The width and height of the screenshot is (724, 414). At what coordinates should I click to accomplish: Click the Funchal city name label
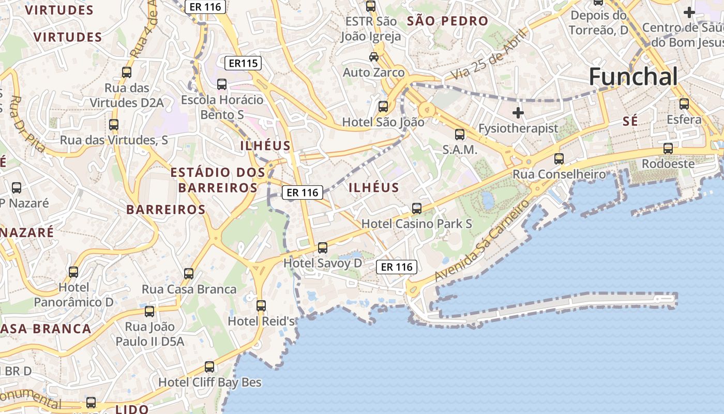(633, 77)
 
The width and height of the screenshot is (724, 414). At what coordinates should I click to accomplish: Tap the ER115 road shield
(243, 64)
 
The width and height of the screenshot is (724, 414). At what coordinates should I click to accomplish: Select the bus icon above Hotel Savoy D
(323, 248)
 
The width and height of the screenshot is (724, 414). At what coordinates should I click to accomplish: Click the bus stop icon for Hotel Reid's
(261, 306)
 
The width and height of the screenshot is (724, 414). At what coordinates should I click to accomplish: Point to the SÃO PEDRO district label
(447, 21)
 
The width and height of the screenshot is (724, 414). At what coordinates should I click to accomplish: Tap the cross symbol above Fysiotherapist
(518, 113)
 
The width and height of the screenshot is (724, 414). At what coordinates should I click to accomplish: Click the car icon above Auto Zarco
(373, 56)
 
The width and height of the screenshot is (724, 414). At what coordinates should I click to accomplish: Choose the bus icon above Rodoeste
(668, 149)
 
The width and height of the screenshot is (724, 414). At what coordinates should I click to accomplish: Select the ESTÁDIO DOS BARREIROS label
(218, 180)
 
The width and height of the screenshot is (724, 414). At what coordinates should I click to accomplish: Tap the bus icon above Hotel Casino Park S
(416, 209)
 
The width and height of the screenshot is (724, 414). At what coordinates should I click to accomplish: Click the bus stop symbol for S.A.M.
(459, 135)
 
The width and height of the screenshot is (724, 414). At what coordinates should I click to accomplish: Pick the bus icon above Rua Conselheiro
(559, 159)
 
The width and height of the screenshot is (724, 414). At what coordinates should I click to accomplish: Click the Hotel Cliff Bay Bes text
(209, 382)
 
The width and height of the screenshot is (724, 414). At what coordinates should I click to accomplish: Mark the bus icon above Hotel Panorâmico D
(73, 272)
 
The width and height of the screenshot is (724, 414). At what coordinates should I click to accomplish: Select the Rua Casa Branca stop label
(189, 289)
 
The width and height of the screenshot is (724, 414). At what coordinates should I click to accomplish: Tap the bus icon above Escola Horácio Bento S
(222, 84)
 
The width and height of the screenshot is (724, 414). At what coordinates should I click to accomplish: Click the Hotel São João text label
(383, 122)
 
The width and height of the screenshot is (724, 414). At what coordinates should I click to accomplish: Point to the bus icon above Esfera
(684, 104)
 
